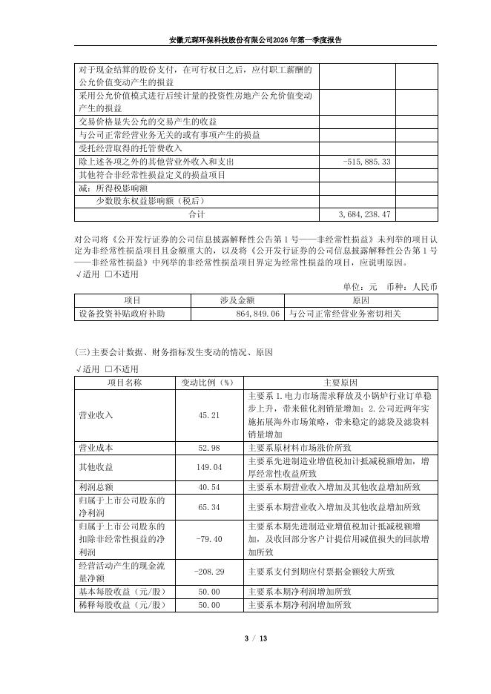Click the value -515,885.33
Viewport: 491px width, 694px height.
coord(367,161)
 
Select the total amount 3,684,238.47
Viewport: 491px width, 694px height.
coord(365,214)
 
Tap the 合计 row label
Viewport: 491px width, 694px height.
coord(197,214)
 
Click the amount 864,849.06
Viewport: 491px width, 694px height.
coord(254,314)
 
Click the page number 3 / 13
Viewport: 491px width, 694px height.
coord(245,638)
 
